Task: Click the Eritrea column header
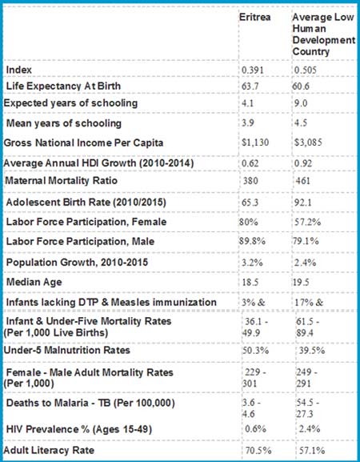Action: point(254,17)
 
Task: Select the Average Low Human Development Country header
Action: point(324,34)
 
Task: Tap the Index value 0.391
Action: point(253,70)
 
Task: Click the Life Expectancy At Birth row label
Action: point(63,86)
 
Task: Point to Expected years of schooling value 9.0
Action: point(301,103)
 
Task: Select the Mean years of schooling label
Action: point(63,123)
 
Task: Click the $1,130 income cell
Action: point(255,143)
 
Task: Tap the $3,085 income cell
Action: point(308,143)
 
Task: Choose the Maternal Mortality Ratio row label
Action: point(62,180)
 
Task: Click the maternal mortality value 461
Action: point(303,180)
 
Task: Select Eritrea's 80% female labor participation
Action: point(249,222)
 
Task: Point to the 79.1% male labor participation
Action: point(306,241)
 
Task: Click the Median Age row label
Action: point(34,282)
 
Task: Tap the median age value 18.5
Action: point(250,283)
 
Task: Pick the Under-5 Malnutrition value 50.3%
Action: point(255,351)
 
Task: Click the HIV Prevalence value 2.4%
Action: point(310,428)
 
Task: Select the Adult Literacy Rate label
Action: point(49,450)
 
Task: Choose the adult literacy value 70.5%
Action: point(258,451)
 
